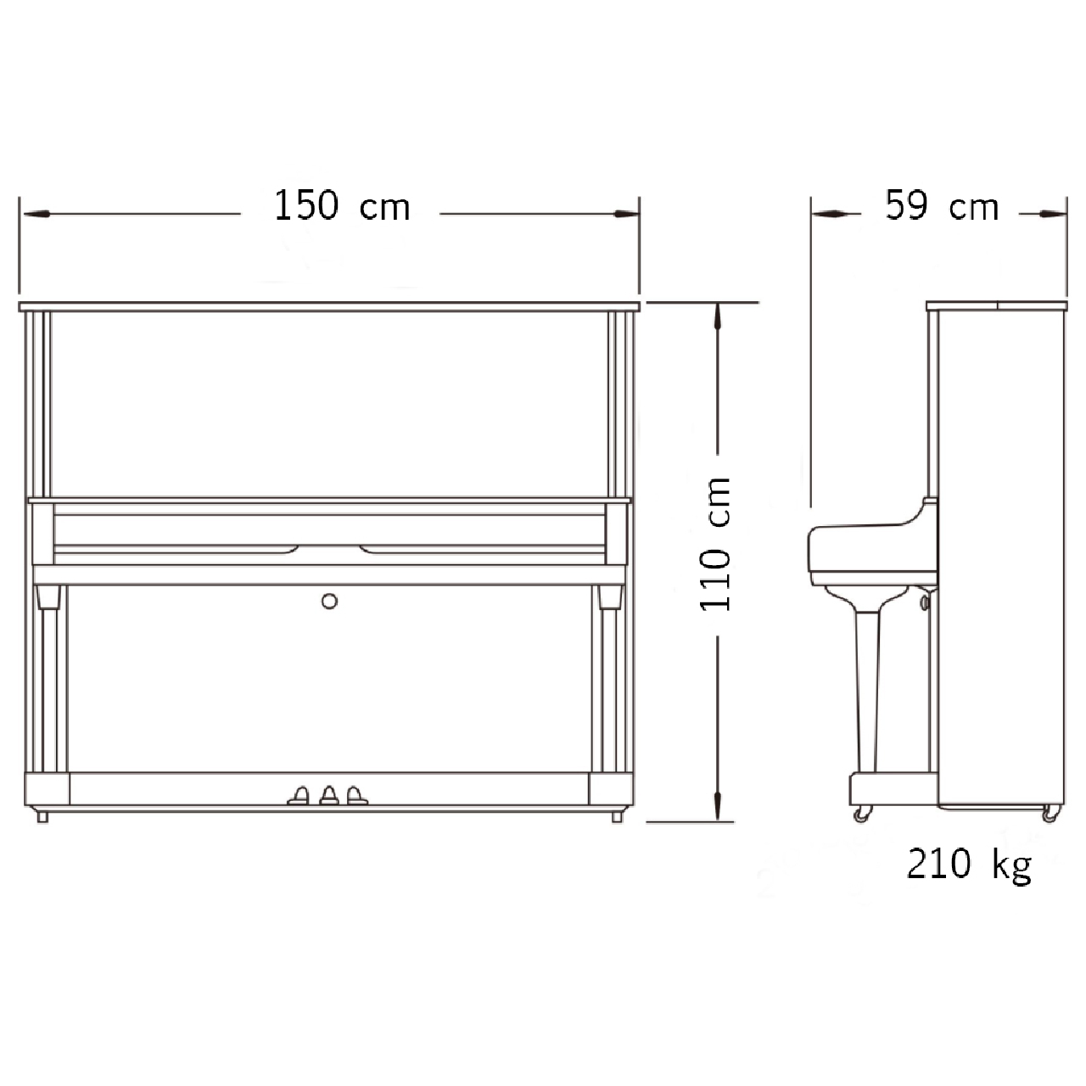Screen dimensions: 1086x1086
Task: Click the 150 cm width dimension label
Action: click(x=342, y=205)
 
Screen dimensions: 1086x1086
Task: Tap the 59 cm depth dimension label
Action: click(x=942, y=205)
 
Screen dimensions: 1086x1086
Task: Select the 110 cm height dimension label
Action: click(x=715, y=545)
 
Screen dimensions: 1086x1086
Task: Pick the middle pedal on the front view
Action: click(x=329, y=795)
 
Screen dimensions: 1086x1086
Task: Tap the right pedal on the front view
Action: click(x=356, y=796)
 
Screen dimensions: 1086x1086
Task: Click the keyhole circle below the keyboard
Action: click(x=330, y=602)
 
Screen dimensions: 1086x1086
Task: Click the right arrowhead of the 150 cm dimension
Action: click(x=625, y=214)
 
